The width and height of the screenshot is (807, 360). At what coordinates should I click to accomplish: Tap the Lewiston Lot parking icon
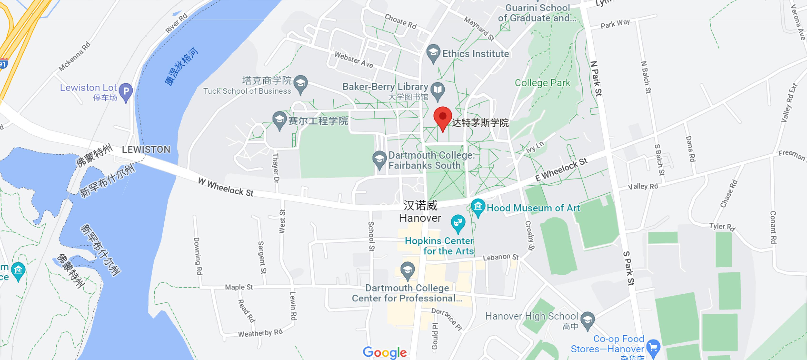point(126,91)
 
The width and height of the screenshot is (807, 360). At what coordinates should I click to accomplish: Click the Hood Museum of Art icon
point(478,206)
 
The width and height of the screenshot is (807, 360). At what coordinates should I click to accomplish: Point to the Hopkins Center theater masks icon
point(458,223)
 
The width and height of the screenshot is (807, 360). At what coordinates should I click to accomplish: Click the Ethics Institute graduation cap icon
point(433,52)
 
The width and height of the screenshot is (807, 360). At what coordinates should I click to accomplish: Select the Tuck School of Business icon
point(301,83)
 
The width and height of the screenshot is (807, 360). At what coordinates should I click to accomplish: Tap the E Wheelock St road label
point(561,169)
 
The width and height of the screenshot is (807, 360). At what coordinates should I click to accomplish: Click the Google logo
point(384,352)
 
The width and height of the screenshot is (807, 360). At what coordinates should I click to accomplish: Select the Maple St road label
point(239,287)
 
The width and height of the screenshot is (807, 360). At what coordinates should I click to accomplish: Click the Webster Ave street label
point(354,60)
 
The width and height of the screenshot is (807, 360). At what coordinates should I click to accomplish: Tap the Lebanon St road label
point(500,257)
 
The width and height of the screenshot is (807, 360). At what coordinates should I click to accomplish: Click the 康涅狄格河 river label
point(181,66)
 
